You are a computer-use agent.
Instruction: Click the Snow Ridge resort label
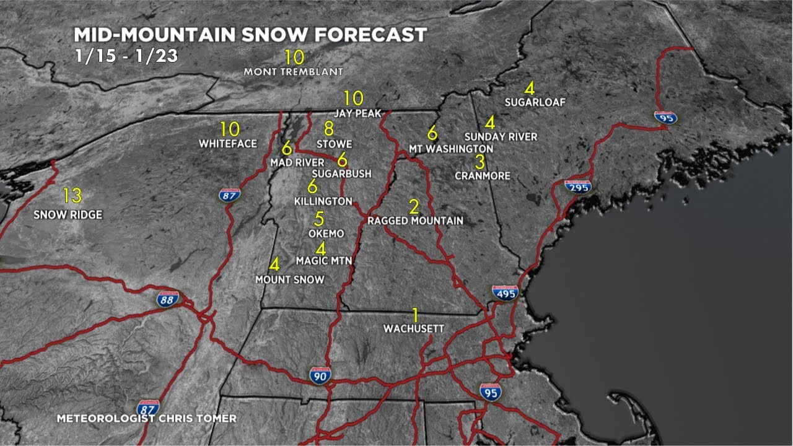point(68,215)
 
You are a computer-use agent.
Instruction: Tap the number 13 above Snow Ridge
point(72,196)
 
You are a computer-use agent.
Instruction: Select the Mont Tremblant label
point(293,72)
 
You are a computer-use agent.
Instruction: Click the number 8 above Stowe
point(328,129)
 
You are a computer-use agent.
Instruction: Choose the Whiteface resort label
point(228,144)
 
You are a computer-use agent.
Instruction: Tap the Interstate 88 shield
point(168,299)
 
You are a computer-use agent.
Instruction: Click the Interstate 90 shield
point(320,374)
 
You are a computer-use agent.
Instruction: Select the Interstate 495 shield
point(505,293)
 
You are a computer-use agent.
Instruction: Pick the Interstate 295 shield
point(577,186)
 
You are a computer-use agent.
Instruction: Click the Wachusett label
point(414,328)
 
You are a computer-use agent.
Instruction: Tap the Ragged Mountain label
point(415,221)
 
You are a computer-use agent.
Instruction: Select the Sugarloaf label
point(535,103)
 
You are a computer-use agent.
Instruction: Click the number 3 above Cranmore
point(480,162)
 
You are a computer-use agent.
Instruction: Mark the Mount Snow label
point(290,280)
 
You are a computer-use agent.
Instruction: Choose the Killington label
point(323,202)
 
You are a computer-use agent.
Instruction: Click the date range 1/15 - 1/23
point(126,56)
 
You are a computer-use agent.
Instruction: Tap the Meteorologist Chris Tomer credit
point(146,419)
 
